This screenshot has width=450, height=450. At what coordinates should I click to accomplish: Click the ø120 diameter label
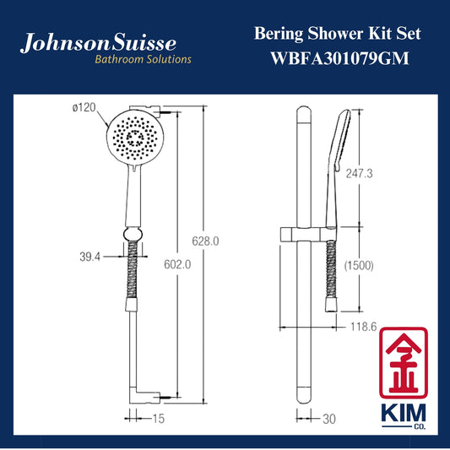(84, 107)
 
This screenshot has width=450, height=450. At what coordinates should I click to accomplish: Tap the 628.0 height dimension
(205, 241)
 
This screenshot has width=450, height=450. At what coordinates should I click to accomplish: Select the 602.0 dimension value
(177, 264)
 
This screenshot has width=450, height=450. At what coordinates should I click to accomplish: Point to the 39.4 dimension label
(89, 257)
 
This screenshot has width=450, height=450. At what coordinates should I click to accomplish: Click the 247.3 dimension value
(360, 173)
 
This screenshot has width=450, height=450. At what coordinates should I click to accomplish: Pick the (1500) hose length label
(359, 266)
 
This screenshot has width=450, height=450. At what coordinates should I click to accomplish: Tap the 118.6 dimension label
(364, 327)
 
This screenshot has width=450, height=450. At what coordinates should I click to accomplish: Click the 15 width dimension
(158, 419)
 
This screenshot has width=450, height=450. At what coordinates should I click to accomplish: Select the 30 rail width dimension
(329, 419)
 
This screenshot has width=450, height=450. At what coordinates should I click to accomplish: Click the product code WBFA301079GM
(340, 58)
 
